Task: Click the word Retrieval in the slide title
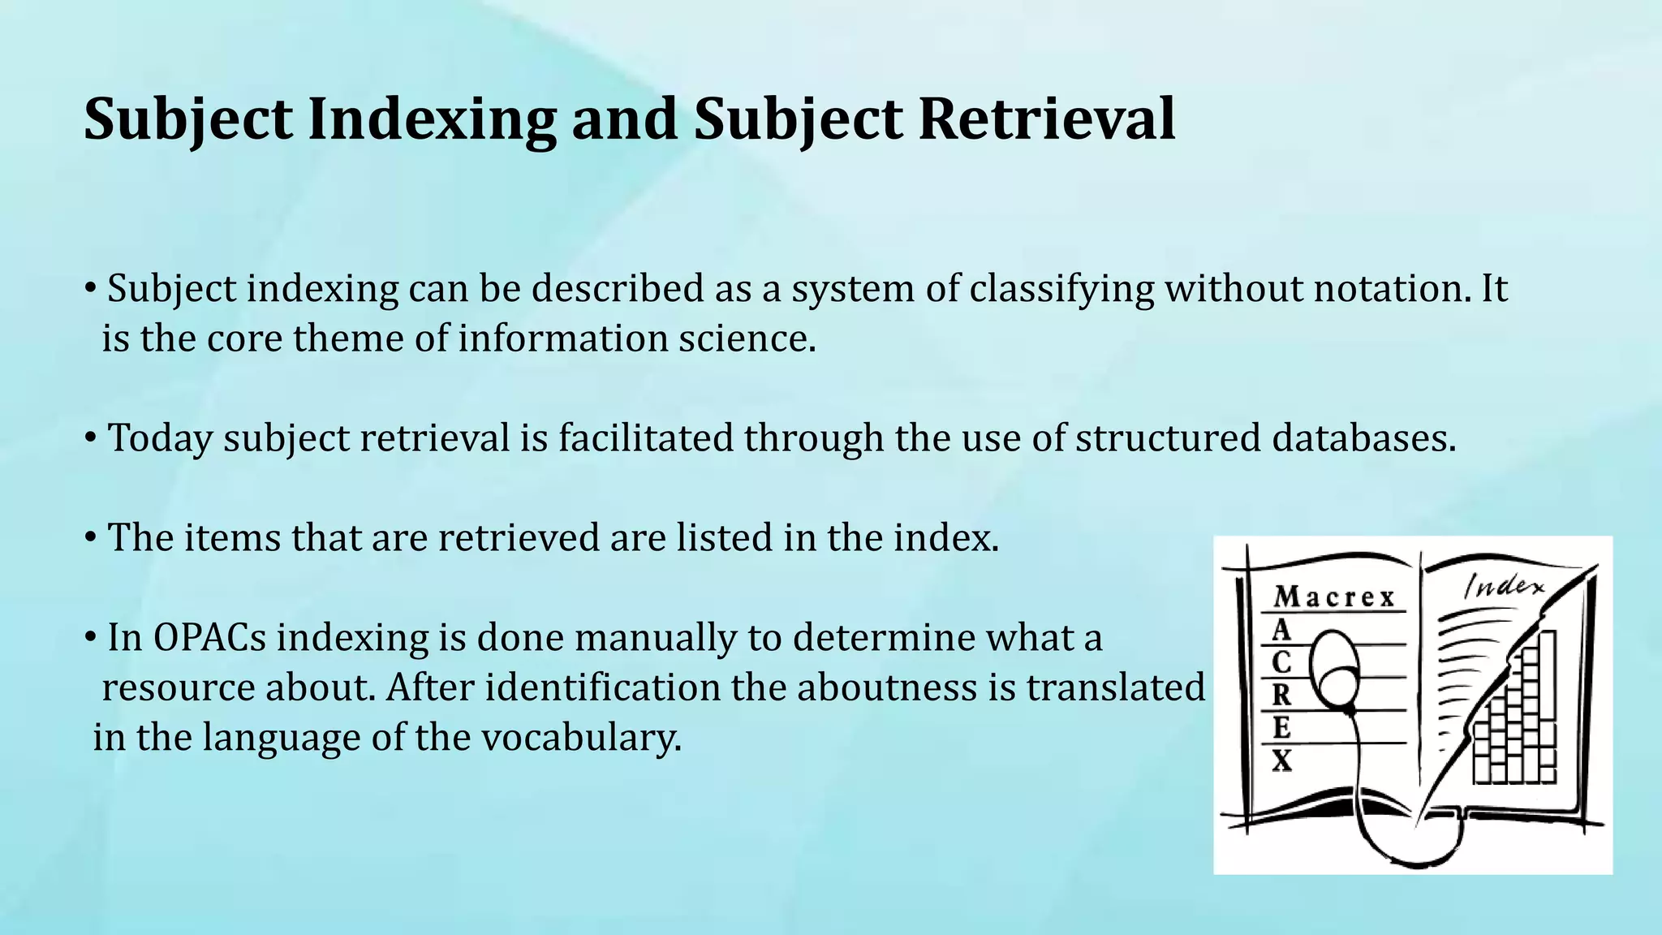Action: (x=1047, y=119)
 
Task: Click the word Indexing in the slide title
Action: (x=432, y=119)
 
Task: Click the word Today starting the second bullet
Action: (x=160, y=438)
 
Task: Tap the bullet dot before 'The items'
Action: (x=92, y=537)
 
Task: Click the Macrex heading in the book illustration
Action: (x=1333, y=598)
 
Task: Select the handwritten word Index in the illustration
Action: (x=1504, y=586)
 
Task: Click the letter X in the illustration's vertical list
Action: (x=1281, y=761)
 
